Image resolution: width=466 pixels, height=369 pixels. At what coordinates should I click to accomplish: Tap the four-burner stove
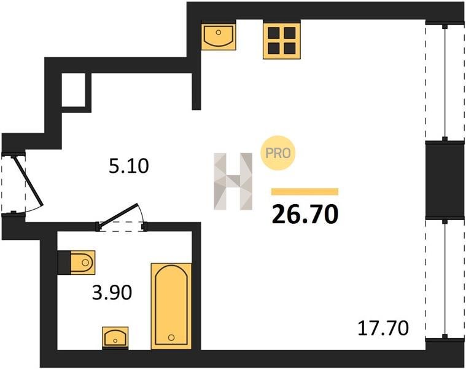(x=282, y=41)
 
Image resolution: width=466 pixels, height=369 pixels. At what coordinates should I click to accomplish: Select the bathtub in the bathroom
(x=171, y=306)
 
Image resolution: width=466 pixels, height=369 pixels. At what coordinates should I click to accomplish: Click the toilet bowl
(x=83, y=263)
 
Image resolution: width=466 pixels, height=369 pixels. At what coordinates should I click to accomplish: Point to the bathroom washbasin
(x=115, y=338)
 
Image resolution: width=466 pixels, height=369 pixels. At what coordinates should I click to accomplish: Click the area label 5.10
(x=129, y=166)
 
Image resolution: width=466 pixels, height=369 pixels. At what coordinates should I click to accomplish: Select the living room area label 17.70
(x=383, y=328)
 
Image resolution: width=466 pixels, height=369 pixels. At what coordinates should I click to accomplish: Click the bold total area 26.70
(x=305, y=214)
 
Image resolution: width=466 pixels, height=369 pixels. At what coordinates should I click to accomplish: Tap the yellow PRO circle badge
(x=278, y=153)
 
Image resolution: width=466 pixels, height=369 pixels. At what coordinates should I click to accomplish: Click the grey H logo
(x=233, y=181)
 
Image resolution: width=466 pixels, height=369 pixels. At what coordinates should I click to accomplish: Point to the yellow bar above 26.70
(x=305, y=192)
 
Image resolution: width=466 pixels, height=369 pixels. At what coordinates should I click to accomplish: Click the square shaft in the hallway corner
(x=74, y=89)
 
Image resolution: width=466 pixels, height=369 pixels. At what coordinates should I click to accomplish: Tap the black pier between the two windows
(x=445, y=180)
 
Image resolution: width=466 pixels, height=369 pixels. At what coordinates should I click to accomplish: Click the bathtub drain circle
(x=171, y=338)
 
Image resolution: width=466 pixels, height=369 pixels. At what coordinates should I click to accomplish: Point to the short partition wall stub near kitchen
(x=196, y=92)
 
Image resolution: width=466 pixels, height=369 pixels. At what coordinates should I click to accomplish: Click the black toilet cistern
(x=64, y=263)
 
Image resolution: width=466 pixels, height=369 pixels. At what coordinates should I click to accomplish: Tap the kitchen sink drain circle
(x=219, y=32)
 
